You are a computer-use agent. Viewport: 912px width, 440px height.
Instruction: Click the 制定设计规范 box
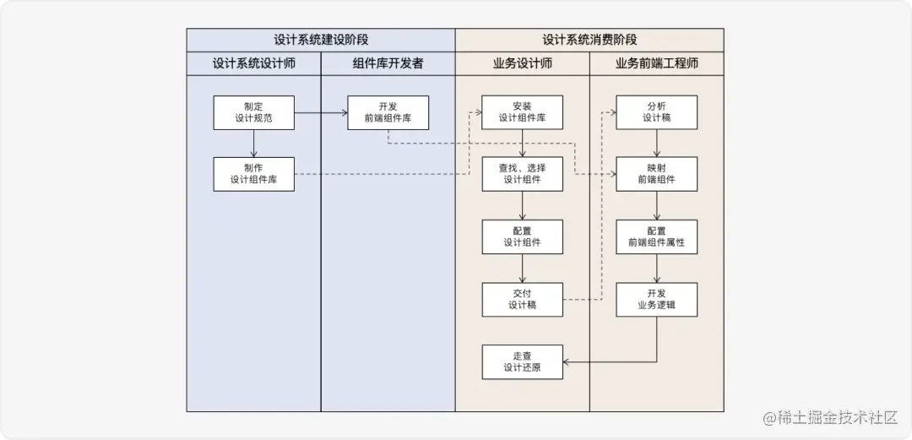click(253, 112)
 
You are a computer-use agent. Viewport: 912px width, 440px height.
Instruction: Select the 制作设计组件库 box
click(253, 174)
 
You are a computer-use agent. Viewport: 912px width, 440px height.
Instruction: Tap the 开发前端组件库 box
click(388, 112)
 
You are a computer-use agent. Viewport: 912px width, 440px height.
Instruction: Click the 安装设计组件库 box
click(522, 112)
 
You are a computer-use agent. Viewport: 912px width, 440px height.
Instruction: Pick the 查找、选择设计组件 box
click(522, 174)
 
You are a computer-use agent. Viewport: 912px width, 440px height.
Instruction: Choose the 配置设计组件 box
click(522, 236)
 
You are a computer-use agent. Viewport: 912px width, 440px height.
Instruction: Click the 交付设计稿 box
click(522, 299)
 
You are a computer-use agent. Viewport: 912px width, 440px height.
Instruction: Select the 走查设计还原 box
click(522, 361)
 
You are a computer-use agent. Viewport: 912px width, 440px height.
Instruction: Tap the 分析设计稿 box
click(656, 112)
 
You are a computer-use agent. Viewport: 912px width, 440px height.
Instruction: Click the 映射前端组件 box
click(656, 174)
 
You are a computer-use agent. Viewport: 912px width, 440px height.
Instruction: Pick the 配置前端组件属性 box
click(656, 236)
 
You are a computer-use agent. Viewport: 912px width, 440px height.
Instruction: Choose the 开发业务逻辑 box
click(656, 299)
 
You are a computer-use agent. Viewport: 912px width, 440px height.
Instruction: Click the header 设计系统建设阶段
click(321, 40)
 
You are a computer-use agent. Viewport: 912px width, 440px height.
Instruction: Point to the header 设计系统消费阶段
click(589, 40)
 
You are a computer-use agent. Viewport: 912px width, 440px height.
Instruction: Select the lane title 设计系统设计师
click(253, 63)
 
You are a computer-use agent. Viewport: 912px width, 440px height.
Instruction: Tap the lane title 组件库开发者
click(388, 63)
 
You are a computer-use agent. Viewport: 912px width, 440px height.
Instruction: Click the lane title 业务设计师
click(522, 63)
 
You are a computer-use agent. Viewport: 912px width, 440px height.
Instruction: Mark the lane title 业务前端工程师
click(656, 63)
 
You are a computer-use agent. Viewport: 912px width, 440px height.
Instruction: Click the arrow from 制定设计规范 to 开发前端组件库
click(321, 112)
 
